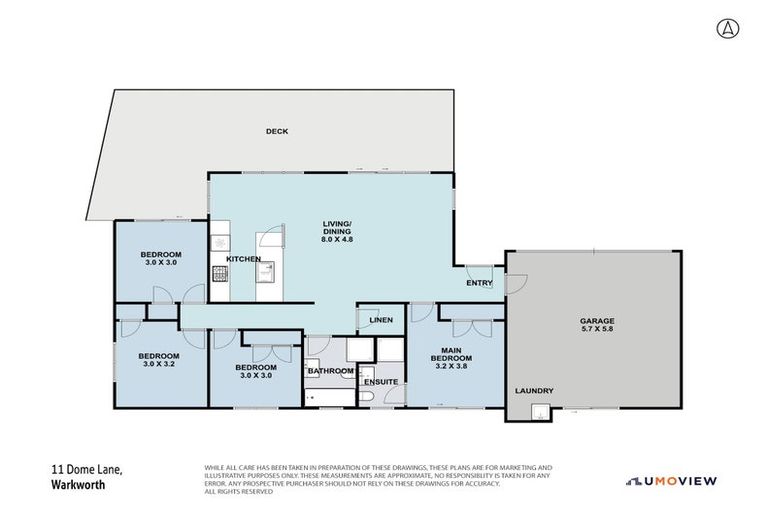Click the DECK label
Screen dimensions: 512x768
click(277, 132)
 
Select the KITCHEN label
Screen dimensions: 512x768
click(243, 259)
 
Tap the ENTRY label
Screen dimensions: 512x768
click(479, 283)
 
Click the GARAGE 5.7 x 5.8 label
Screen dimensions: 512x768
click(597, 326)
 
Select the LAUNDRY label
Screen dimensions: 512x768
click(533, 391)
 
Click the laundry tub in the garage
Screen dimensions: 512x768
click(541, 411)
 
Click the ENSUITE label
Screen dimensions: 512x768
click(380, 382)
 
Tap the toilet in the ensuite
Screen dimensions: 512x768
click(368, 399)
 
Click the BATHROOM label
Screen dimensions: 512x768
click(330, 372)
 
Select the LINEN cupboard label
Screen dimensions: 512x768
click(380, 320)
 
